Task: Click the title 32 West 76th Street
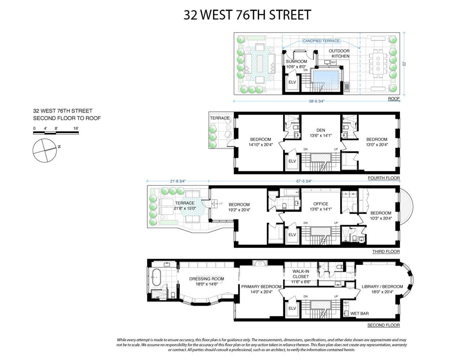[x=247, y=15]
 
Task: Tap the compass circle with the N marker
[x=45, y=150]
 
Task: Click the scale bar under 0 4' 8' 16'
[x=56, y=133]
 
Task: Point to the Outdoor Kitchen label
[x=339, y=54]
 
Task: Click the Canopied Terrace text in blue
[x=321, y=41]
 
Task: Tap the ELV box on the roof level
[x=292, y=82]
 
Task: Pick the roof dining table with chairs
[x=378, y=64]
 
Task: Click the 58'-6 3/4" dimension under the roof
[x=317, y=101]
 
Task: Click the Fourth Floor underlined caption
[x=384, y=178]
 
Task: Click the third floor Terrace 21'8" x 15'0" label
[x=184, y=206]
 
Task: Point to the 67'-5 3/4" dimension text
[x=304, y=181]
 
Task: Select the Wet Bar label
[x=359, y=314]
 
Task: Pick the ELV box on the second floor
[x=292, y=309]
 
